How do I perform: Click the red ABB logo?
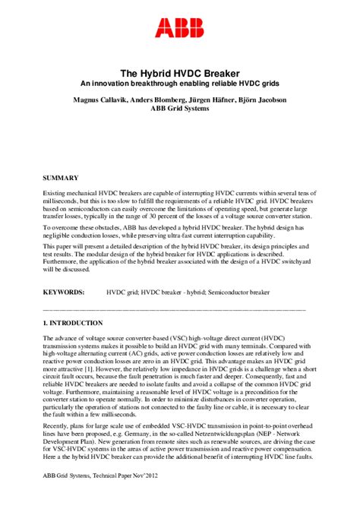(x=179, y=29)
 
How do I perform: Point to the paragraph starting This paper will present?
(x=179, y=258)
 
